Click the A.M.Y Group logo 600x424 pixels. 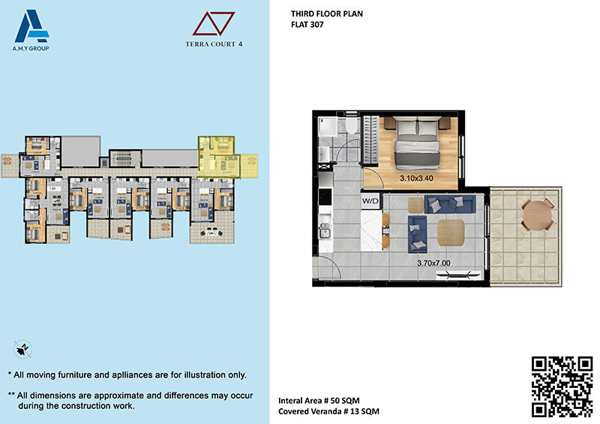(31, 30)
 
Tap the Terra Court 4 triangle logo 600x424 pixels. (214, 24)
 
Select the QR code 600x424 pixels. (562, 386)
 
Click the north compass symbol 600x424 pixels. (22, 349)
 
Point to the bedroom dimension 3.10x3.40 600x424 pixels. (416, 178)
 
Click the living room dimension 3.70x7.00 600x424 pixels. (433, 263)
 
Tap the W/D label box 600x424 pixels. (370, 201)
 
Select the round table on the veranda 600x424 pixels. (538, 215)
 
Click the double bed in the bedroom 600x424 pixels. (417, 143)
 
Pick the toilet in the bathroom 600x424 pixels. (351, 125)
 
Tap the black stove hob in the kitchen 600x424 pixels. (325, 197)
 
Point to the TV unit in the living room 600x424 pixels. (458, 274)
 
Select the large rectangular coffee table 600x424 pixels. (451, 233)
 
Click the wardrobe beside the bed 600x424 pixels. (370, 140)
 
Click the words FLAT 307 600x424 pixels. (307, 25)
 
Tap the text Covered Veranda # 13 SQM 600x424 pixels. (328, 411)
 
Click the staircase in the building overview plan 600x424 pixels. (124, 158)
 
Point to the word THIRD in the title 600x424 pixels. (301, 14)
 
